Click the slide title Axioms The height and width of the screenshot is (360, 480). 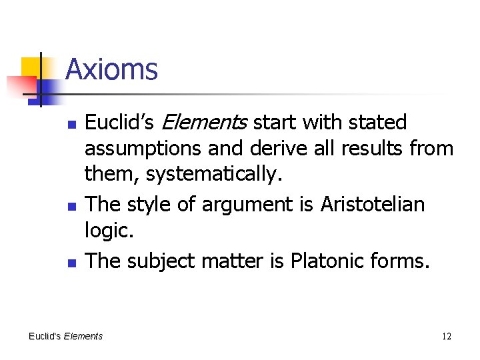click(111, 69)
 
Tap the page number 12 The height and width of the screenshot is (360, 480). click(446, 336)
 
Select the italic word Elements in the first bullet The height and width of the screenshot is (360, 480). click(205, 123)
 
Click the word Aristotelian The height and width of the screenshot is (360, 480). click(372, 203)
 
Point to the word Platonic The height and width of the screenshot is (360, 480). click(323, 261)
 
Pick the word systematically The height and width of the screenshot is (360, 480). click(214, 175)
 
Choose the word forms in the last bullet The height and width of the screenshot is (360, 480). click(400, 261)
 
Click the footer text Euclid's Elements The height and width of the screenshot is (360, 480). click(65, 336)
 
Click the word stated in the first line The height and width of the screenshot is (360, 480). click(381, 123)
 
